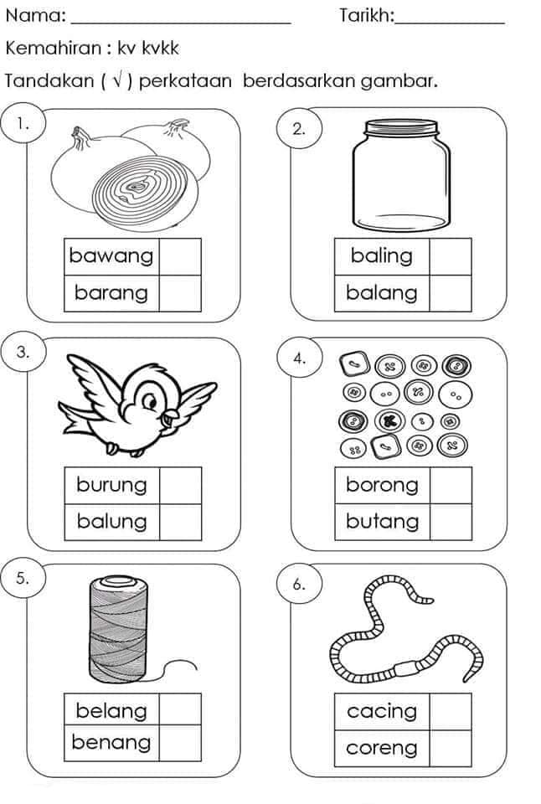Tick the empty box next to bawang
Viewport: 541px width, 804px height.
[x=180, y=257]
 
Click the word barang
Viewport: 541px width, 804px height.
[x=111, y=293]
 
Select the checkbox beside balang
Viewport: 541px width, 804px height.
[x=451, y=293]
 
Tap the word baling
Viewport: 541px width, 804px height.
[x=382, y=256]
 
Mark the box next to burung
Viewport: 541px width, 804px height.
[x=181, y=486]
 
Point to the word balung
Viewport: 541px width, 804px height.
[x=111, y=522]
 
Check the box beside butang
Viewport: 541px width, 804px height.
[x=451, y=522]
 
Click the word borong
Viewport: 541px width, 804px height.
[x=382, y=485]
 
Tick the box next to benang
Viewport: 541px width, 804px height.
[x=180, y=743]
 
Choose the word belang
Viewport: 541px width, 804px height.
[x=111, y=711]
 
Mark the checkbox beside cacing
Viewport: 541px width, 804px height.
[x=451, y=712]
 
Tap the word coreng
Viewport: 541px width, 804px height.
[x=382, y=748]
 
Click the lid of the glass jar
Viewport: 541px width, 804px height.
[x=401, y=127]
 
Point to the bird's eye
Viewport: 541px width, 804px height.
[x=150, y=400]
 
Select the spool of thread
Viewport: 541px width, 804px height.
[x=118, y=629]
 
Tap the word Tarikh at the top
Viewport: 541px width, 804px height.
[x=366, y=16]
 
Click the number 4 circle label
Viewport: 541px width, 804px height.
[x=300, y=358]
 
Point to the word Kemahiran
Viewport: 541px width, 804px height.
[x=54, y=49]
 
